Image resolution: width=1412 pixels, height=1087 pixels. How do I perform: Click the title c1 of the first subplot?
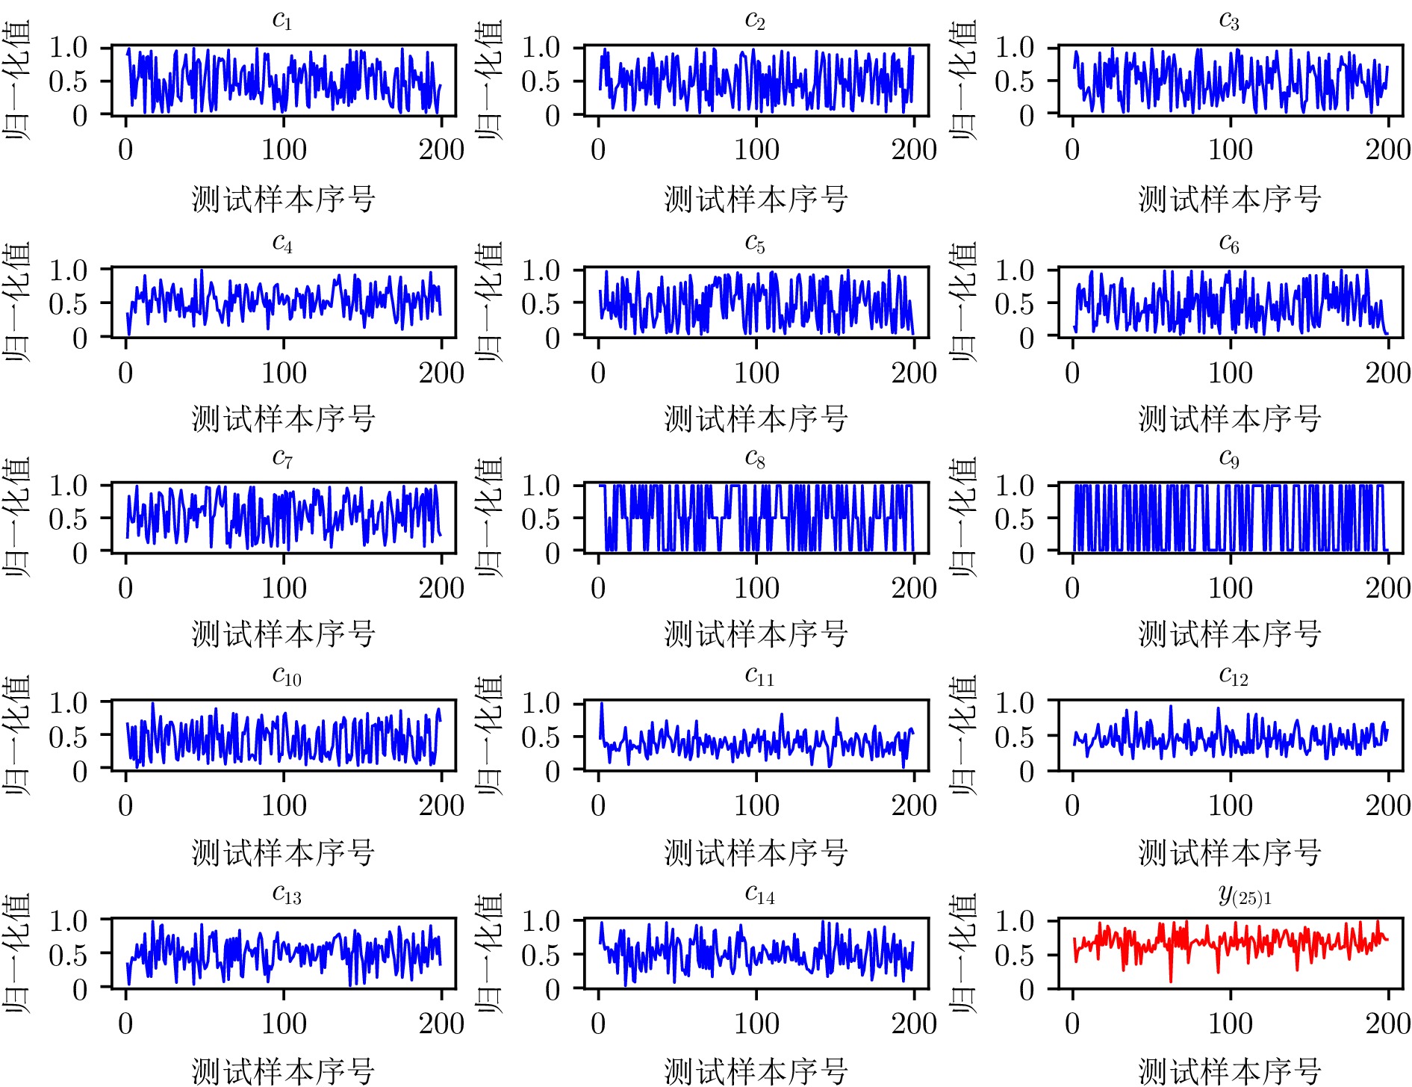pyautogui.click(x=282, y=20)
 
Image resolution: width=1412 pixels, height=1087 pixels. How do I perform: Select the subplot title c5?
pyautogui.click(x=755, y=243)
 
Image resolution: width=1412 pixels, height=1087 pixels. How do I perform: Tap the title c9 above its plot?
pyautogui.click(x=1229, y=458)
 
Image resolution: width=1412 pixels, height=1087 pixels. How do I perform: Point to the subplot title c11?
pyautogui.click(x=759, y=676)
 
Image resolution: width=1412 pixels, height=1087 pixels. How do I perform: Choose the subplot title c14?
pyautogui.click(x=759, y=894)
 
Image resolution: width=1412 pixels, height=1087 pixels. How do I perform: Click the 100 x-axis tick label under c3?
pyautogui.click(x=1230, y=149)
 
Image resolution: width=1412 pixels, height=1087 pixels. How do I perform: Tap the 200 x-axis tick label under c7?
pyautogui.click(x=441, y=588)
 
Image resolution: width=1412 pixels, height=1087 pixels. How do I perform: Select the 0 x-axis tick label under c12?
pyautogui.click(x=1072, y=805)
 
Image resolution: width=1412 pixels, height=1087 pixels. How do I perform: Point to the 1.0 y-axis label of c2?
pyautogui.click(x=541, y=47)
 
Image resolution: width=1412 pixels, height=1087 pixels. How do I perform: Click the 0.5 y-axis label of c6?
pyautogui.click(x=1014, y=303)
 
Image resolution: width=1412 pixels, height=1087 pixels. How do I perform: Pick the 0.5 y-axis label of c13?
pyautogui.click(x=68, y=954)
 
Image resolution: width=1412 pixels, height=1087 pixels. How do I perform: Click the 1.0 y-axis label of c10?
pyautogui.click(x=68, y=702)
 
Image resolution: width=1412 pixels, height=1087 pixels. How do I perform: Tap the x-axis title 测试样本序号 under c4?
pyautogui.click(x=283, y=418)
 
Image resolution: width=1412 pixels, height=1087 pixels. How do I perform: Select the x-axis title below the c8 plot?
pyautogui.click(x=756, y=634)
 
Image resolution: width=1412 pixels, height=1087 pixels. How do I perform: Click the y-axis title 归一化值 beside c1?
pyautogui.click(x=16, y=79)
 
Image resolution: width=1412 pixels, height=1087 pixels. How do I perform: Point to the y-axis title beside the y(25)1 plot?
pyautogui.click(x=963, y=953)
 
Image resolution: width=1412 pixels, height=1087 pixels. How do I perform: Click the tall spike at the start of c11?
pyautogui.click(x=602, y=704)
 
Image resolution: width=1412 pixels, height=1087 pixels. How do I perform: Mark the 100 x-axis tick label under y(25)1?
pyautogui.click(x=1230, y=1023)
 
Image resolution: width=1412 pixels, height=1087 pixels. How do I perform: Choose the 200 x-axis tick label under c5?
pyautogui.click(x=914, y=372)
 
